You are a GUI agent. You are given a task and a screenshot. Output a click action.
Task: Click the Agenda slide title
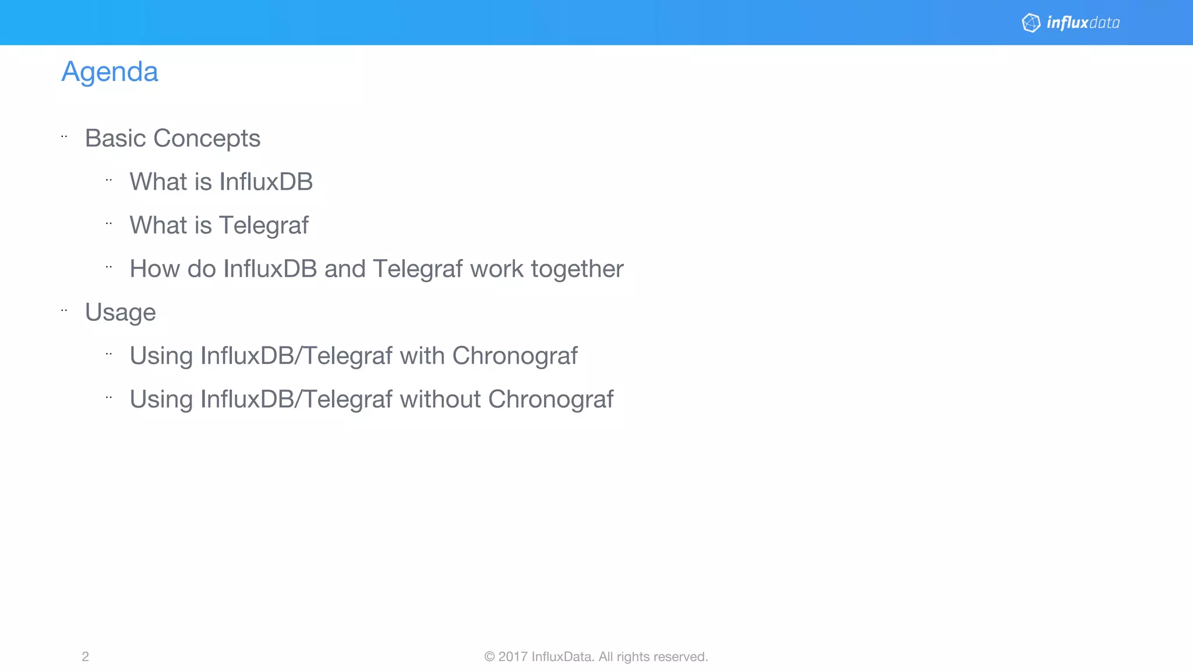point(110,72)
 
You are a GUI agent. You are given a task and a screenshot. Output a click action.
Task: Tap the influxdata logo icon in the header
point(1031,23)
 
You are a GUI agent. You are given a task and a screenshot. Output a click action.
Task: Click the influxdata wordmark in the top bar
point(1083,23)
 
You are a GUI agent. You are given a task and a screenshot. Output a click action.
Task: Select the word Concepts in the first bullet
point(207,139)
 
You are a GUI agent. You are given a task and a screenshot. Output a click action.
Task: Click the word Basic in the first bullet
point(115,139)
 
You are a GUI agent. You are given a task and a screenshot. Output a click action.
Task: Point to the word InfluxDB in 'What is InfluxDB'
point(266,182)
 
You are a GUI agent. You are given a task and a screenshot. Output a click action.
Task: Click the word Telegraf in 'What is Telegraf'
point(264,225)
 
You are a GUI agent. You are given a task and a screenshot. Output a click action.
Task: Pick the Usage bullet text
point(121,313)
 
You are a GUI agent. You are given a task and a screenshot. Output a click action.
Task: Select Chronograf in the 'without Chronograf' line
point(550,400)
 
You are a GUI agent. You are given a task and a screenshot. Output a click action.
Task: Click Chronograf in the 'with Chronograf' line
point(515,356)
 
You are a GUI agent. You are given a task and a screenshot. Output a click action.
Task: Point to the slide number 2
point(85,656)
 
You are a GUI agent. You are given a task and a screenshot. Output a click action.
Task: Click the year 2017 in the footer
point(513,656)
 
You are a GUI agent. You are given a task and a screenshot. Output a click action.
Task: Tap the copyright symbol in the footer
point(489,656)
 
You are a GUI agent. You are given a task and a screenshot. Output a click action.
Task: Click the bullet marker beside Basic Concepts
point(64,137)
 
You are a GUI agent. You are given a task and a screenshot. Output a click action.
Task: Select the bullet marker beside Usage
point(64,311)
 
